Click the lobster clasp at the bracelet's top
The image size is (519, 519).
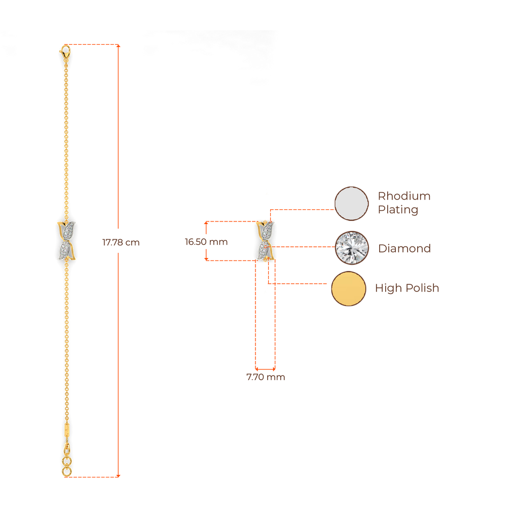click(x=65, y=50)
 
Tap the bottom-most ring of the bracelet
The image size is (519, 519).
click(x=66, y=472)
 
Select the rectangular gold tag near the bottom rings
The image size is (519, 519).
click(x=67, y=429)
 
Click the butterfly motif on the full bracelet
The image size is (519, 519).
click(x=66, y=241)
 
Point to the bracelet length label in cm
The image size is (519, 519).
click(x=121, y=243)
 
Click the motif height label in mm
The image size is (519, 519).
click(x=206, y=242)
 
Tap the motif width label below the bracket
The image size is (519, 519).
click(x=265, y=378)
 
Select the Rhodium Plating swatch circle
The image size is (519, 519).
click(x=352, y=203)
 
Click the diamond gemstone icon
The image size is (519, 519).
click(x=352, y=248)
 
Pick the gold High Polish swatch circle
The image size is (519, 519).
click(x=349, y=288)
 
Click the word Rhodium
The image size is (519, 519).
click(x=404, y=197)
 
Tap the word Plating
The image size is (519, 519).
click(x=398, y=210)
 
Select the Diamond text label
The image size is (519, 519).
click(x=404, y=248)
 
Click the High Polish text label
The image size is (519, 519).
click(x=407, y=288)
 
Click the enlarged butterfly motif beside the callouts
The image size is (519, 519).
click(x=265, y=241)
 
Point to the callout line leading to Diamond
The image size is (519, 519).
click(x=304, y=247)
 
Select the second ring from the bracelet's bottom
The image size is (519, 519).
click(x=66, y=462)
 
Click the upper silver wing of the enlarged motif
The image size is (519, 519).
click(x=266, y=231)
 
